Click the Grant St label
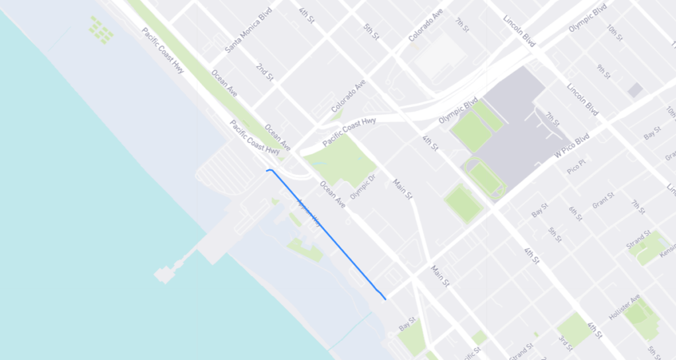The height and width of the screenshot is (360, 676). click(x=603, y=200)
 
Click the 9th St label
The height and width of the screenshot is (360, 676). click(x=602, y=71)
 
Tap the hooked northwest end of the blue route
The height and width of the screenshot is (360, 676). click(x=267, y=170)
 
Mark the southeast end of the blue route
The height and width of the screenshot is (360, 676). click(x=385, y=299)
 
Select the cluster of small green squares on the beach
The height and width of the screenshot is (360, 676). click(x=100, y=30)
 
